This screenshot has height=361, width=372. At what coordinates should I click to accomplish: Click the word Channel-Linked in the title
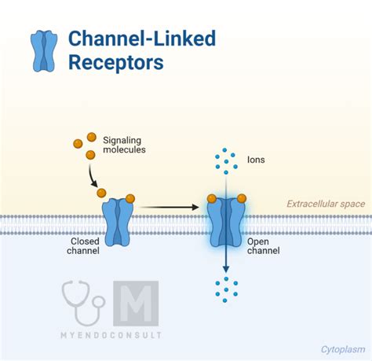[x=142, y=39]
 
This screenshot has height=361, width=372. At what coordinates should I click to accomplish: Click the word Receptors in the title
[x=116, y=62]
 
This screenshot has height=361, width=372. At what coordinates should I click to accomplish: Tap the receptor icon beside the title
[x=44, y=51]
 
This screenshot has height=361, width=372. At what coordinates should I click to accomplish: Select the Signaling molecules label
[x=124, y=145]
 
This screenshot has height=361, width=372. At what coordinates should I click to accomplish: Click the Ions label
[x=256, y=160]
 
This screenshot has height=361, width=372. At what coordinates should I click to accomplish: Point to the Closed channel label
[x=83, y=246]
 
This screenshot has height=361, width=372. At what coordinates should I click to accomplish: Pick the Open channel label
[x=263, y=246]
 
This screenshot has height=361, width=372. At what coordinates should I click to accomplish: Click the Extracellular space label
[x=326, y=204]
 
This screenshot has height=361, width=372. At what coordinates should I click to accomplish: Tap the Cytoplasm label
[x=343, y=349]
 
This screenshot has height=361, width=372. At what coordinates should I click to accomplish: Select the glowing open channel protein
[x=226, y=223]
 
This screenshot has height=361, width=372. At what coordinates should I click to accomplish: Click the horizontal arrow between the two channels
[x=170, y=207]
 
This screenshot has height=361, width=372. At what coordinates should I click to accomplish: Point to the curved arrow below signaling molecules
[x=92, y=176]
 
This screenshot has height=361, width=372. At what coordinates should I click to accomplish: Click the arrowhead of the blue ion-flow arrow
[x=226, y=269]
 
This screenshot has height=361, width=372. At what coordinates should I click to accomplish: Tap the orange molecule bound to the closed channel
[x=130, y=199]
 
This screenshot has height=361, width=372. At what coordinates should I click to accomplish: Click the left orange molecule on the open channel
[x=212, y=198]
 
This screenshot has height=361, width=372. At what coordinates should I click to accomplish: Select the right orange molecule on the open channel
[x=242, y=198]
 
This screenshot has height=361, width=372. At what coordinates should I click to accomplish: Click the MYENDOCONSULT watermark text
[x=111, y=335]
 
